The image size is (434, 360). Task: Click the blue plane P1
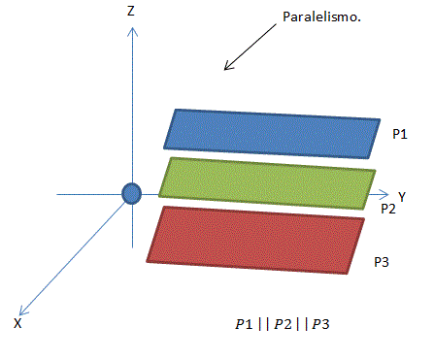[272, 133]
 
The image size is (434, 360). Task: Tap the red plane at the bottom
[256, 240]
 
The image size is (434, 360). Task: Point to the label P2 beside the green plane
[387, 208]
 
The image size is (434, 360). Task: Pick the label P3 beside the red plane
[383, 262]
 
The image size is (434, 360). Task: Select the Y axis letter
[401, 196]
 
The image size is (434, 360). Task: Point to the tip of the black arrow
[226, 69]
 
